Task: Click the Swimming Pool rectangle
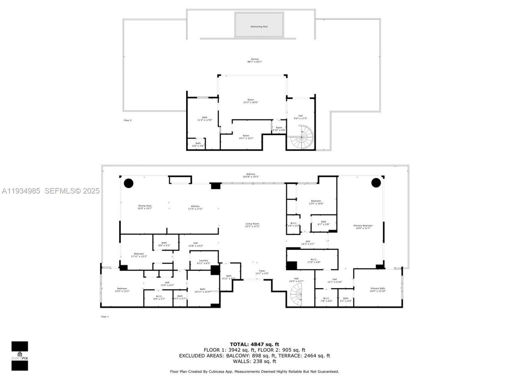pos(259,25)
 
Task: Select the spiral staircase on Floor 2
pos(302,137)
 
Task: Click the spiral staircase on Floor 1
pos(296,295)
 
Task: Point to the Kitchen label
pos(195,207)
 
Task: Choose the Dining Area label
pos(144,207)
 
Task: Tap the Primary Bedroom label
pos(363,227)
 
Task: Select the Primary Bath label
pos(377,290)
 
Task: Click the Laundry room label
pos(203,262)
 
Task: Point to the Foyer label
pos(262,272)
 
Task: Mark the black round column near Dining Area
pos(128,183)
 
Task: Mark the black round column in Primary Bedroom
pos(376,183)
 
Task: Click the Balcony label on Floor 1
pos(251,175)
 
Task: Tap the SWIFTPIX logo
pos(19,355)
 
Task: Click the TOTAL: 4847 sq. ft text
pos(254,344)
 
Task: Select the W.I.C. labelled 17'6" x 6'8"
pos(313,261)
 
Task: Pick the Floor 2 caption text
pos(128,120)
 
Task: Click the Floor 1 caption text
pos(105,316)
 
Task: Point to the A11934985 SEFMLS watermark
pos(50,191)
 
